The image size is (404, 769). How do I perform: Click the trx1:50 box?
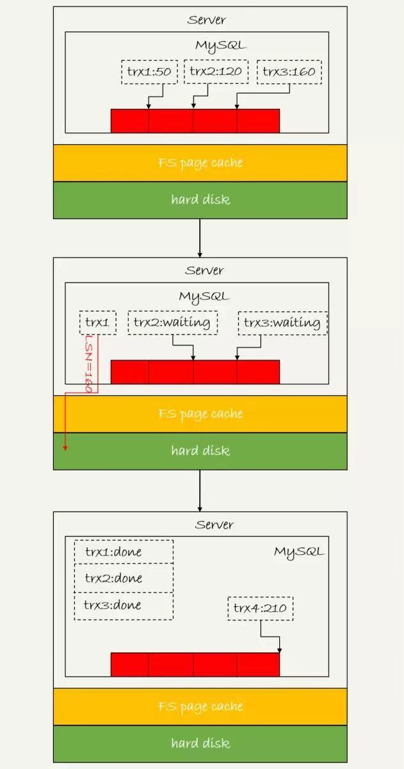pyautogui.click(x=149, y=72)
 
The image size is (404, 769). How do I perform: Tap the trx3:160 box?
pyautogui.click(x=289, y=72)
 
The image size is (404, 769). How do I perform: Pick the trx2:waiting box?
pyautogui.click(x=172, y=322)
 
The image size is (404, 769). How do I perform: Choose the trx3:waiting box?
pyautogui.click(x=282, y=322)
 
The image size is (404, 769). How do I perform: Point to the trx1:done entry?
pyautogui.click(x=124, y=552)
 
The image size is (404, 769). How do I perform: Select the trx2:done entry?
pyautogui.click(x=124, y=579)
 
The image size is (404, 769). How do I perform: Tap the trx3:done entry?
pyautogui.click(x=124, y=606)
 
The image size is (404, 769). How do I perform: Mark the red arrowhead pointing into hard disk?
pyautogui.click(x=65, y=447)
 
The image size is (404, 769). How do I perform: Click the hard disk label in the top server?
pyautogui.click(x=200, y=200)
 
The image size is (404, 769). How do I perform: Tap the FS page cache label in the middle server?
pyautogui.click(x=200, y=414)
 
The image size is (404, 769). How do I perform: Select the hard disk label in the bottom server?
pyautogui.click(x=200, y=743)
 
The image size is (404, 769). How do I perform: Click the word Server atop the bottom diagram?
pyautogui.click(x=214, y=525)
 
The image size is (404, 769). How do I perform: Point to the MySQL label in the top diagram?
pyautogui.click(x=220, y=45)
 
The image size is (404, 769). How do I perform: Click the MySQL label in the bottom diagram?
pyautogui.click(x=299, y=552)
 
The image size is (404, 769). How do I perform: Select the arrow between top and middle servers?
pyautogui.click(x=200, y=238)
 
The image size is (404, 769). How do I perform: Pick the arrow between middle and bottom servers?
pyautogui.click(x=200, y=490)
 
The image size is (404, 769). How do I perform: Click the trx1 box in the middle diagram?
pyautogui.click(x=98, y=322)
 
